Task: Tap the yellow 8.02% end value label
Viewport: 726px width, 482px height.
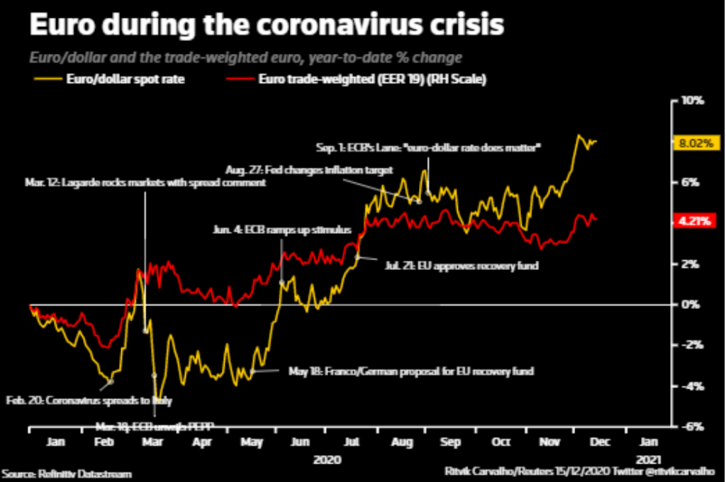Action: click(695, 142)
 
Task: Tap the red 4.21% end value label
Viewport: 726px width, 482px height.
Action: click(695, 221)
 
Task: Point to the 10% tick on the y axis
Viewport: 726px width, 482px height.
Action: click(691, 101)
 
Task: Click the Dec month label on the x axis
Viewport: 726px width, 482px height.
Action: click(597, 442)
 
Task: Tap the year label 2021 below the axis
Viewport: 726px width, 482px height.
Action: click(649, 459)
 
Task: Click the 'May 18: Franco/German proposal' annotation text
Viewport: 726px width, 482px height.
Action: click(411, 371)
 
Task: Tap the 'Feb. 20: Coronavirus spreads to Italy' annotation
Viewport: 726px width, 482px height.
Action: click(89, 400)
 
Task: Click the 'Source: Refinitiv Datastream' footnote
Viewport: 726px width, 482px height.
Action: click(67, 473)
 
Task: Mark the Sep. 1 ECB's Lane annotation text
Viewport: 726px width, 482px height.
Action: click(428, 147)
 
